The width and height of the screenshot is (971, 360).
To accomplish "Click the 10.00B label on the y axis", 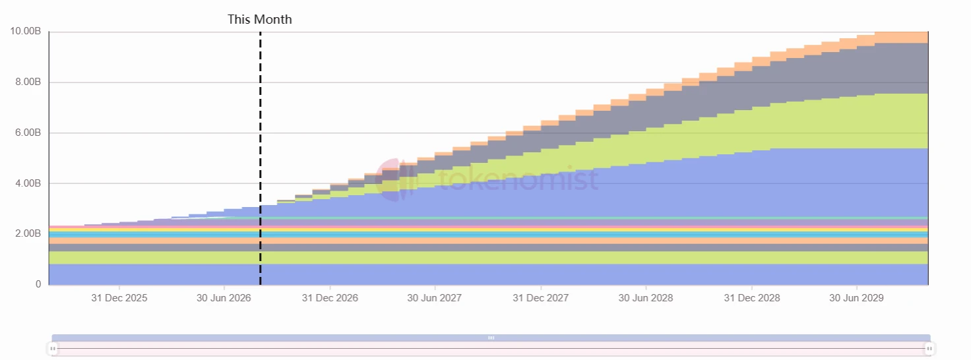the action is (x=26, y=31).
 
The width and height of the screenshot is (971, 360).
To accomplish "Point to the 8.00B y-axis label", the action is (x=28, y=82).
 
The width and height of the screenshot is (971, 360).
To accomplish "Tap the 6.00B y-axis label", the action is (x=28, y=133).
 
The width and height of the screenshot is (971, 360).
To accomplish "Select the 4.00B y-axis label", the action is (x=28, y=183).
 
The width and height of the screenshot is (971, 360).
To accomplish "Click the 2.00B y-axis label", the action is (x=28, y=233).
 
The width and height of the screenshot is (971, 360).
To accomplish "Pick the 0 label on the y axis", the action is (x=38, y=284).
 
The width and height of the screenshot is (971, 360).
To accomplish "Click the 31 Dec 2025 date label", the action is (x=119, y=298).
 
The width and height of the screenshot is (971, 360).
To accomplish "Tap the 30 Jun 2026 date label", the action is (x=224, y=298).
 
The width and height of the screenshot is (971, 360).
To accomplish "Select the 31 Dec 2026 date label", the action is (x=330, y=298).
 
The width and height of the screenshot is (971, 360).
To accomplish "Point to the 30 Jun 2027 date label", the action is (x=434, y=298).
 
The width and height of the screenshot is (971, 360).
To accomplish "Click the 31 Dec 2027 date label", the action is (x=540, y=298).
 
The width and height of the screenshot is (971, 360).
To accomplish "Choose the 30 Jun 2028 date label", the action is (x=645, y=298).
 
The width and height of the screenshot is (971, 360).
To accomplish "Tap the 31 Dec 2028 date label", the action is (x=751, y=298).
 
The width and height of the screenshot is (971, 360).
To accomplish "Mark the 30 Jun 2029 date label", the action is (x=856, y=298).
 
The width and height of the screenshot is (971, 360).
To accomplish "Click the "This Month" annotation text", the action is (x=260, y=20).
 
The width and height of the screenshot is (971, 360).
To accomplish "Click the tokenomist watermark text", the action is (x=518, y=179).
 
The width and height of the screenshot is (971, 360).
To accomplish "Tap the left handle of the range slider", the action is (x=53, y=348).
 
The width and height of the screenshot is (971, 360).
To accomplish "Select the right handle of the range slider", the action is (x=929, y=348).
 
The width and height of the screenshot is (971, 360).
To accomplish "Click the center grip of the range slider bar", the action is (x=491, y=338).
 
